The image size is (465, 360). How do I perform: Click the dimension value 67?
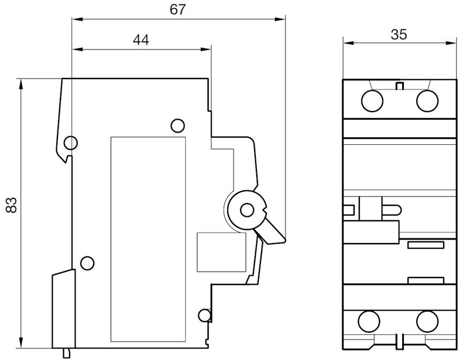[x=178, y=10]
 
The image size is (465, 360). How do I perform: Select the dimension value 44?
[x=140, y=40]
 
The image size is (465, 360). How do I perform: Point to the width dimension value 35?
[x=398, y=34]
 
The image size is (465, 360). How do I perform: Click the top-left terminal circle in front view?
[x=372, y=101]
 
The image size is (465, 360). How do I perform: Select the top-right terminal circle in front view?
[x=427, y=101]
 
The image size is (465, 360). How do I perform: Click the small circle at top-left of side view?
[x=70, y=142]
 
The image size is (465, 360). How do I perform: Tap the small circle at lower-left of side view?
[x=87, y=263]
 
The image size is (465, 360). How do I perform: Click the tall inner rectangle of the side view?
[x=149, y=238]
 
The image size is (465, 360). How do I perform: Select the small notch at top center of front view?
[x=399, y=87]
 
